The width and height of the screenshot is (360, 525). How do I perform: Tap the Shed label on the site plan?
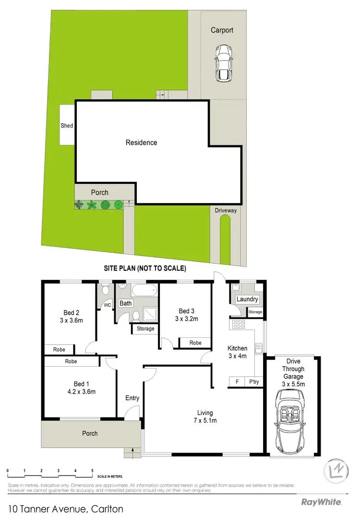[x=67, y=126]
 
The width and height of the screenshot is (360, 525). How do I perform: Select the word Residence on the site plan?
[x=141, y=143]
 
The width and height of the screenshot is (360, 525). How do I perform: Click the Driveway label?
[x=226, y=210]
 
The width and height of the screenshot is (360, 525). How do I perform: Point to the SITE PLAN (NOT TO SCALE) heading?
[x=145, y=268]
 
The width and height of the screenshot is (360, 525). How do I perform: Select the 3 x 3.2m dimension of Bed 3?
[x=186, y=319]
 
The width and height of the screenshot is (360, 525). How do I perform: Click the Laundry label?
[x=247, y=299]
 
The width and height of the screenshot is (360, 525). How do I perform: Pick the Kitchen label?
[x=237, y=348]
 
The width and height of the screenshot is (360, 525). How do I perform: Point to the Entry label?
[x=132, y=398]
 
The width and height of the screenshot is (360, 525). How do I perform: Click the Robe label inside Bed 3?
[x=195, y=343]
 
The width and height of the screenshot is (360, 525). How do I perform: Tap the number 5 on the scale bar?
[x=92, y=471]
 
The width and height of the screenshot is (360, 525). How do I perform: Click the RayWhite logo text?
[x=321, y=502]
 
